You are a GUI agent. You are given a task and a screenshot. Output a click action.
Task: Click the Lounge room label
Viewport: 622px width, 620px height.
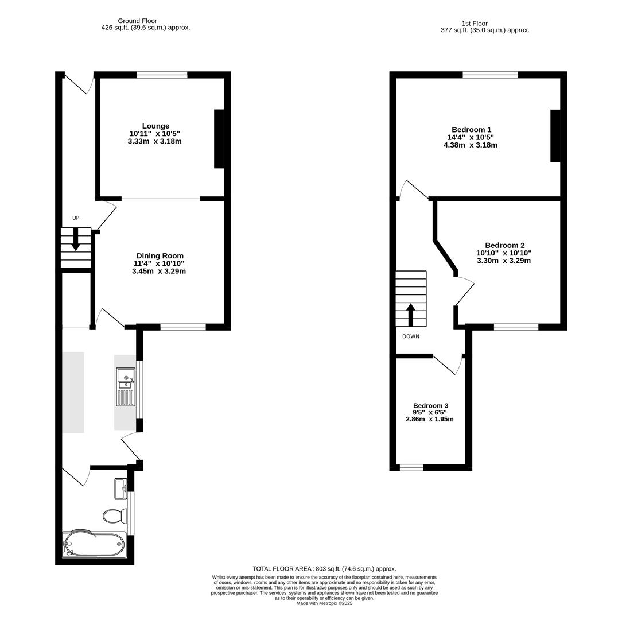tap(155, 126)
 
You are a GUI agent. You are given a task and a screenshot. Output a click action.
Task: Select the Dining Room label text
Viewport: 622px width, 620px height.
tap(160, 256)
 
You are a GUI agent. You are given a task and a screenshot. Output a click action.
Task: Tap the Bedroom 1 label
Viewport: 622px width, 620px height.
tap(471, 130)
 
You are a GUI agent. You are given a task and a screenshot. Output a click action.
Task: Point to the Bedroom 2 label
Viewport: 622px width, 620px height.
tap(504, 245)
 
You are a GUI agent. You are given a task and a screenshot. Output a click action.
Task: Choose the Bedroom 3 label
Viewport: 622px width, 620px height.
tap(430, 405)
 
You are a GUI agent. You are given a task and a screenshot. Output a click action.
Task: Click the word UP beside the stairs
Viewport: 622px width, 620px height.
tap(76, 218)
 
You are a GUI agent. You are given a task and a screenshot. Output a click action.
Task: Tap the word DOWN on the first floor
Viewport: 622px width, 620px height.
tap(410, 336)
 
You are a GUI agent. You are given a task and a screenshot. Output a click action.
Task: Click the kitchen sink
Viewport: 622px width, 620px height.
tap(126, 386)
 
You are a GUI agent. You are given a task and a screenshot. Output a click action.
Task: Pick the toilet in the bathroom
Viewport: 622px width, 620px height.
tap(115, 516)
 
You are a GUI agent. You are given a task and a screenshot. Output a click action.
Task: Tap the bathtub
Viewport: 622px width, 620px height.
tap(94, 543)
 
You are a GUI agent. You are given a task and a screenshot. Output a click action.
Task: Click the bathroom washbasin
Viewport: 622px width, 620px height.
tap(121, 489)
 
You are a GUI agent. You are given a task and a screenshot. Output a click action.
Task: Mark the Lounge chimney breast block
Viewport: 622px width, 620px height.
tap(219, 138)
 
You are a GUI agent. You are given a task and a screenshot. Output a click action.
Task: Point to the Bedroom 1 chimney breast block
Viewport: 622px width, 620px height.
tap(555, 135)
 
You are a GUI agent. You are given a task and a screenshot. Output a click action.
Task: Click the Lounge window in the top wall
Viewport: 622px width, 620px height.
tap(162, 75)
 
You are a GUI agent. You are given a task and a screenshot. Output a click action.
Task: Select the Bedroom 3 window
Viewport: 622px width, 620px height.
tap(411, 467)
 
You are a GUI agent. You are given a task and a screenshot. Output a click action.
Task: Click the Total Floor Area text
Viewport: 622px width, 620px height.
tap(324, 569)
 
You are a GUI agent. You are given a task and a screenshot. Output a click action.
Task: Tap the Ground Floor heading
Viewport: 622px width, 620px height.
tap(137, 21)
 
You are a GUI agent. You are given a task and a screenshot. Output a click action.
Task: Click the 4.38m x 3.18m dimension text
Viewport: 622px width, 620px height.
tap(470, 145)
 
